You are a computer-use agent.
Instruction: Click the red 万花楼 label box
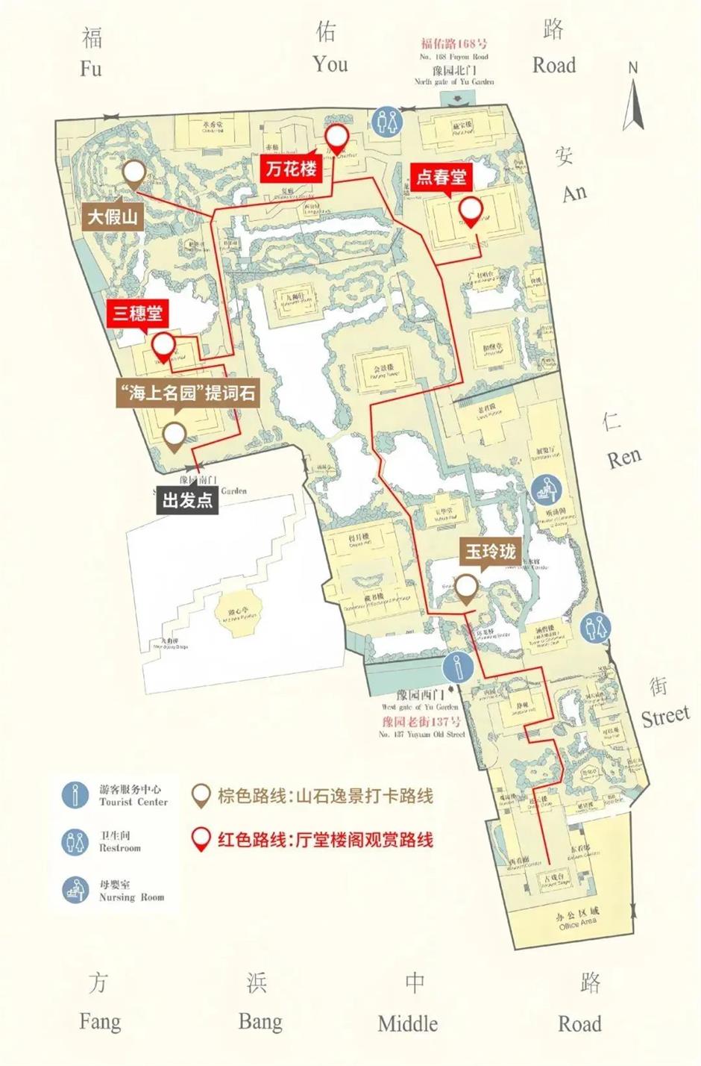click(294, 169)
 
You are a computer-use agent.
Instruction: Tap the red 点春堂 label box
click(440, 177)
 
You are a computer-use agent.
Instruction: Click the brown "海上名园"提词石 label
click(188, 393)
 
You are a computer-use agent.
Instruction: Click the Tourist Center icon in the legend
click(75, 795)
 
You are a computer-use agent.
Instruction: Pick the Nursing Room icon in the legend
click(75, 890)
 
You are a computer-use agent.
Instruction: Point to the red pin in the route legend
click(200, 839)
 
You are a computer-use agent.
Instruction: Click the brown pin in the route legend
click(200, 796)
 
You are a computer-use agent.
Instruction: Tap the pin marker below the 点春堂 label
click(470, 211)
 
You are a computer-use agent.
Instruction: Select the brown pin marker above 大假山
click(134, 175)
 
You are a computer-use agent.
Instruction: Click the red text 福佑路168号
click(454, 43)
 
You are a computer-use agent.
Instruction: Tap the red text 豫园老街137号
click(421, 721)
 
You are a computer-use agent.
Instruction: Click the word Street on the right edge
click(665, 717)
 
